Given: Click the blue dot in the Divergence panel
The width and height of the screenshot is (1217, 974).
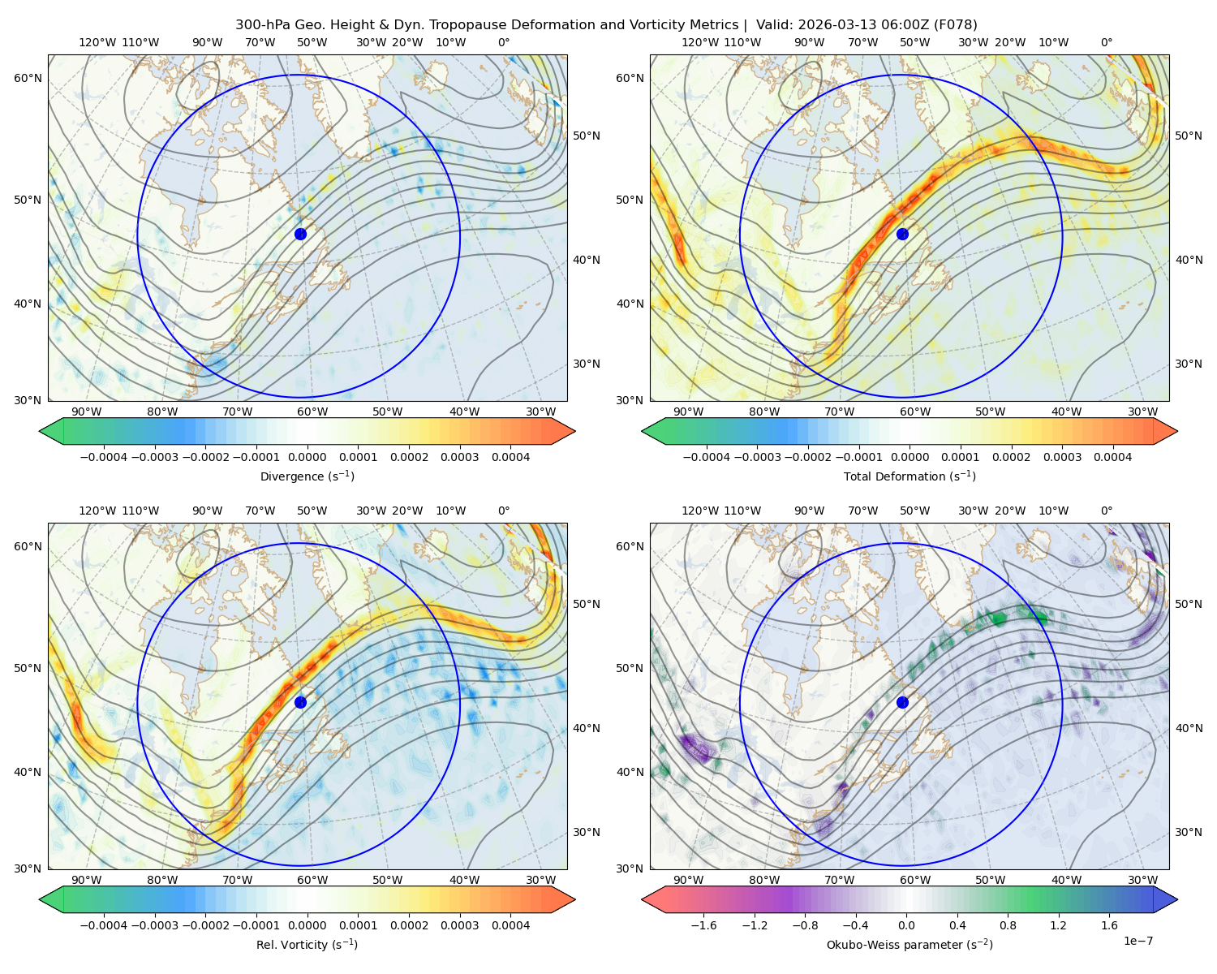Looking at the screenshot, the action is (x=300, y=234).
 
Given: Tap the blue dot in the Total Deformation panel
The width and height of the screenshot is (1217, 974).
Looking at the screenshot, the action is (x=902, y=234).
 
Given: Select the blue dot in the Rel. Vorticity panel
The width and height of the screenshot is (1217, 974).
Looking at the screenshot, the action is (x=300, y=702).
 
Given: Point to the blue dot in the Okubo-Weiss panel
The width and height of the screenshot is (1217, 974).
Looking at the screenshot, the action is (x=902, y=702).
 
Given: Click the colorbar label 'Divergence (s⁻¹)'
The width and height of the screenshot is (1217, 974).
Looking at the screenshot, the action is (x=307, y=476).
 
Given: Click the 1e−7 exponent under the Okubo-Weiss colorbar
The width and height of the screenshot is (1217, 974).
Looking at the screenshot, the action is (x=1137, y=941).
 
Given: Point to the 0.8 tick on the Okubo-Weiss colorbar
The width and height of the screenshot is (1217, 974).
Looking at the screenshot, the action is (x=1008, y=924).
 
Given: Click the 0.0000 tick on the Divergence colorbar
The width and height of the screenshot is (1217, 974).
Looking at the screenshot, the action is (x=307, y=457).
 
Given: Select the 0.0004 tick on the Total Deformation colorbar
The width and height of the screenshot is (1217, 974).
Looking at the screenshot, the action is (x=1112, y=457).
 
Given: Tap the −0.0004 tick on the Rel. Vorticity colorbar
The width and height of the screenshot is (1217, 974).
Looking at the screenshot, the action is (x=104, y=924).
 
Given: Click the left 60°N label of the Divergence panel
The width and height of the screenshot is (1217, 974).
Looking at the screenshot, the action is (x=28, y=78).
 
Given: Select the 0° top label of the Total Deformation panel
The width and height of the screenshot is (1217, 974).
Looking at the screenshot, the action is (x=1106, y=42).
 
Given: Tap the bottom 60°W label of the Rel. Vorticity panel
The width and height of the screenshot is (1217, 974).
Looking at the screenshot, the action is (x=312, y=880).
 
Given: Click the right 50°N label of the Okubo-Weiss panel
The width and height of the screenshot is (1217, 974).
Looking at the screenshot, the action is (x=1188, y=603).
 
